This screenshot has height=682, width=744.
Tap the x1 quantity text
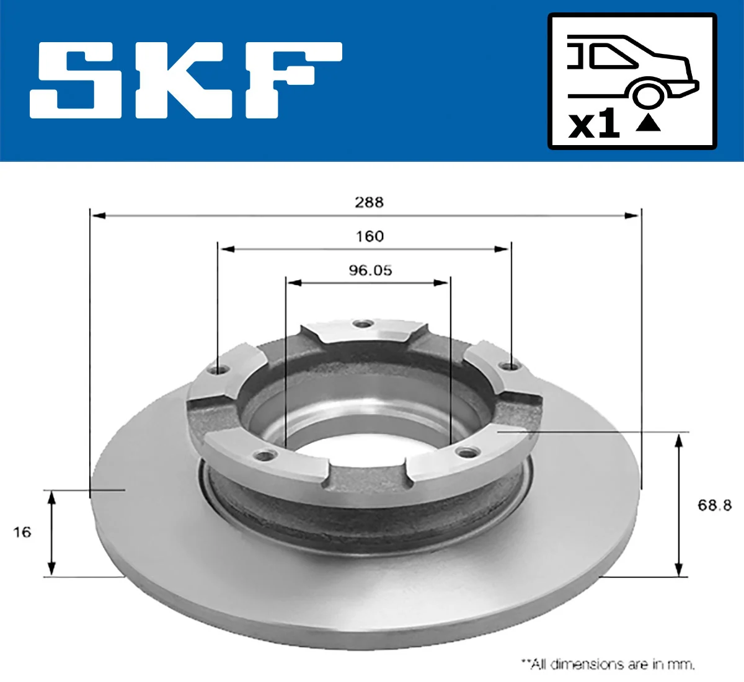click(x=594, y=125)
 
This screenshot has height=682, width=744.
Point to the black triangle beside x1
click(x=648, y=123)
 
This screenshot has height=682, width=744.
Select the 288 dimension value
click(x=369, y=202)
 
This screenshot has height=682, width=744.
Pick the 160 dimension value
click(x=370, y=236)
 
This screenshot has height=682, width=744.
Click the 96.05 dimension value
click(x=370, y=270)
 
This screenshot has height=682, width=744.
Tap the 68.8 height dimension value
click(x=714, y=505)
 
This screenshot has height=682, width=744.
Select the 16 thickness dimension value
click(x=22, y=532)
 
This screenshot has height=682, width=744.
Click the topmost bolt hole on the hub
click(x=361, y=324)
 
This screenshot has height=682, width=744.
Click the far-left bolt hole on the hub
click(x=216, y=370)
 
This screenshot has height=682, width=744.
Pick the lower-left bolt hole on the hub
click(x=266, y=456)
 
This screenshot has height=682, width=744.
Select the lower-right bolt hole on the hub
click(x=464, y=451)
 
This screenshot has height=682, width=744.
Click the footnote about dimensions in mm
click(x=608, y=664)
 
